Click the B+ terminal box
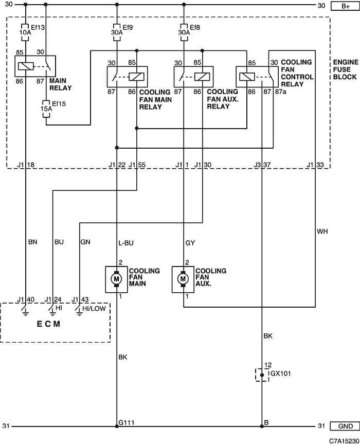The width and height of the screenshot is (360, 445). point(345,6)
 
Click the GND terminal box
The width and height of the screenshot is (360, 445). point(345,426)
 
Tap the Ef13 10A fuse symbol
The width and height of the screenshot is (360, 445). point(26,32)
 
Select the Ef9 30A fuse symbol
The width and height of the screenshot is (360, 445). point(117,32)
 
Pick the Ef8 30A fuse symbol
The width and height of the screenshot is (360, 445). point(184,32)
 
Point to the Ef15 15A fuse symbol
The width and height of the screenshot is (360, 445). point(46,109)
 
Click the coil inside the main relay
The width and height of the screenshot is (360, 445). point(26,66)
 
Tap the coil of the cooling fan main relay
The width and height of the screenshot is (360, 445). point(136,77)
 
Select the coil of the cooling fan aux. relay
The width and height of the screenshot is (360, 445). point(202,77)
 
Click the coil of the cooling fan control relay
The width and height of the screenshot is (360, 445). point(247,77)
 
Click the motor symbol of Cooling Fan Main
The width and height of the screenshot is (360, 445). point(116,279)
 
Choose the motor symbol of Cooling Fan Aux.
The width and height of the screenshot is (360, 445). point(183,279)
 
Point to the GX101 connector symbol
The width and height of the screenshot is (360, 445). point(262,375)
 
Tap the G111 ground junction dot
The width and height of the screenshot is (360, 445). point(117,426)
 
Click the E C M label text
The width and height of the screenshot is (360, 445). point(48,324)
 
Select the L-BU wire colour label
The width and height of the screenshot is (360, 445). point(125,243)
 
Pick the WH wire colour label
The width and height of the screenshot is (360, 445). point(322,232)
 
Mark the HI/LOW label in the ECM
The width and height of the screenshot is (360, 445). point(94,309)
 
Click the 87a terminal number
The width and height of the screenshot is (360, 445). point(281,92)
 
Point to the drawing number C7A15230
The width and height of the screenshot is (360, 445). point(344,441)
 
